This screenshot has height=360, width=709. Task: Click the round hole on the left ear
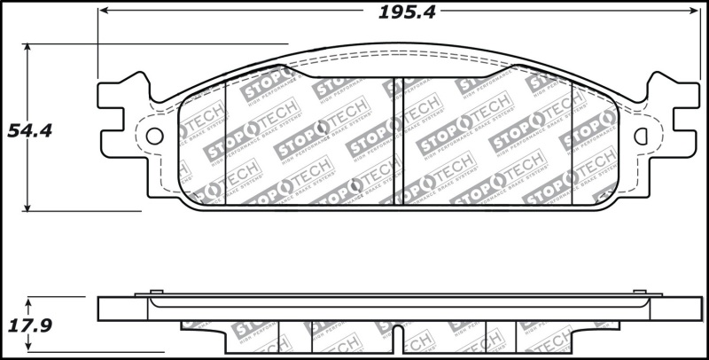155,136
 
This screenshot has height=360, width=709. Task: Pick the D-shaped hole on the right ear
643,136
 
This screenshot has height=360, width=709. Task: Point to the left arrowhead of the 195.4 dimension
104,11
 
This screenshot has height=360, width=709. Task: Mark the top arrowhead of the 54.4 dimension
29,49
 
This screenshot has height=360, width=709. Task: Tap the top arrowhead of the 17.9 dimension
29,302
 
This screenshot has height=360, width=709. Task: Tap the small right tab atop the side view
642,292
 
